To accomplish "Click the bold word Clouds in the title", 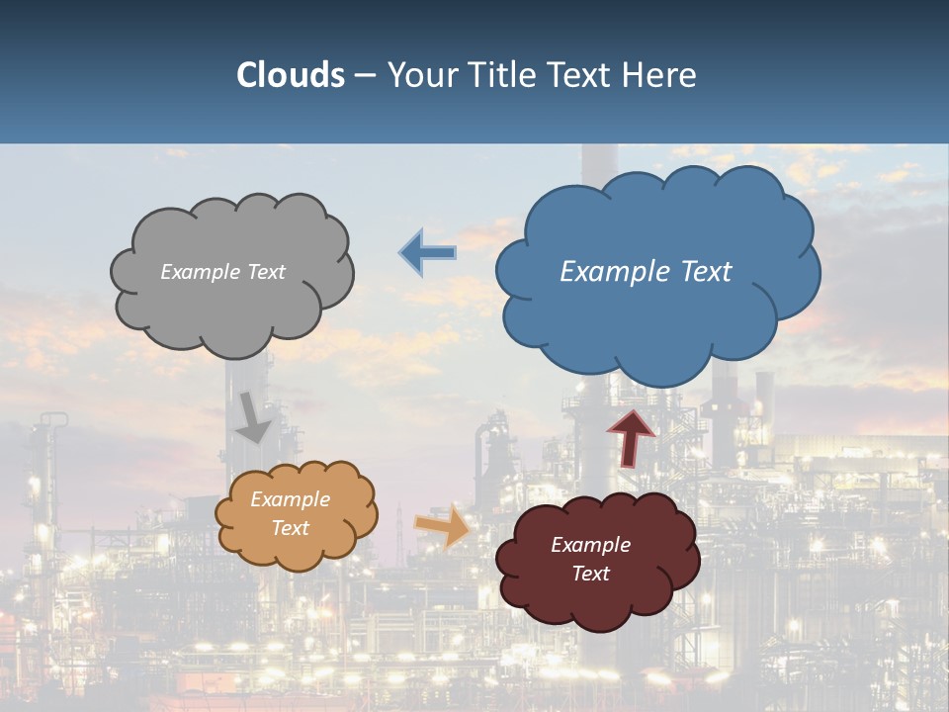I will (290, 75).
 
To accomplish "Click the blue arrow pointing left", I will (428, 252).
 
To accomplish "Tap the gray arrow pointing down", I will (253, 417).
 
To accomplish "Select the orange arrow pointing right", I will (443, 526).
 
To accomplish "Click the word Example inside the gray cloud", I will (198, 272).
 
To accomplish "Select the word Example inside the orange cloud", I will (290, 500).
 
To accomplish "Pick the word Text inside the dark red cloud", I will (590, 574).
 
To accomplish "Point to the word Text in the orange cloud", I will (290, 528).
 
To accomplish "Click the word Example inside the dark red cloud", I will (590, 545).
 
